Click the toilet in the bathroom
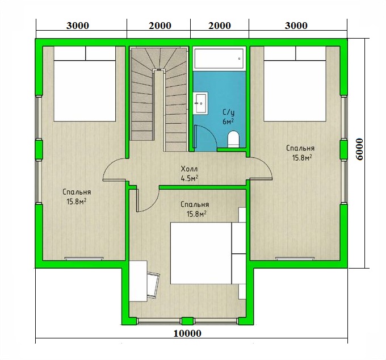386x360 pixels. (233, 139)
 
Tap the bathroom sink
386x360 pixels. (200, 103)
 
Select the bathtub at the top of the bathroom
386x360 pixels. (219, 58)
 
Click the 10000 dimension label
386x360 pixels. (187, 333)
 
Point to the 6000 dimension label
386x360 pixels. (360, 149)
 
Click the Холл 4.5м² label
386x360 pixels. (190, 174)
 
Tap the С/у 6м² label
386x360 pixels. (228, 117)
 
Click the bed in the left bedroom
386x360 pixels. (85, 83)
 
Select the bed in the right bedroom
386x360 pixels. (295, 83)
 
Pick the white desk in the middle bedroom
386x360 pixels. (138, 281)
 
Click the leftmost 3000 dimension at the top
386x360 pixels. (78, 26)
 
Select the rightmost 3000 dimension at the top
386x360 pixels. (296, 26)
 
